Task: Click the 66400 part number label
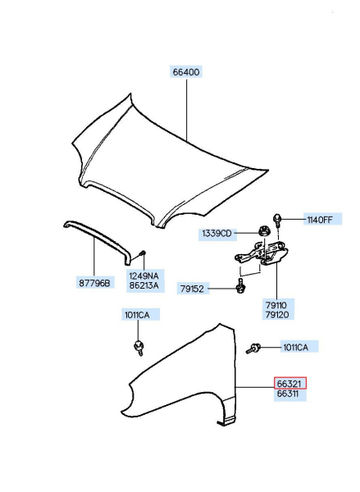pyautogui.click(x=186, y=72)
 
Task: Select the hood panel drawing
pyautogui.click(x=164, y=156)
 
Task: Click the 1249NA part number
pyautogui.click(x=143, y=277)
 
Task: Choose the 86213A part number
pyautogui.click(x=143, y=288)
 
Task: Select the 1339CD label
pyautogui.click(x=217, y=234)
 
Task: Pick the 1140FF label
pyautogui.click(x=320, y=219)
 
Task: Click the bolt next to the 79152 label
pyautogui.click(x=240, y=286)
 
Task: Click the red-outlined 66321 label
pyautogui.click(x=290, y=383)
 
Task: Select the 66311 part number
pyautogui.click(x=290, y=394)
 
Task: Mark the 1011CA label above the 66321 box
pyautogui.click(x=295, y=348)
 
